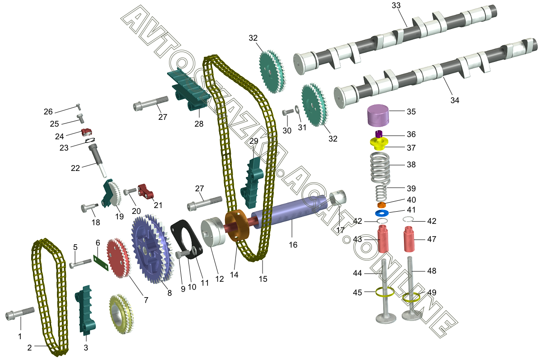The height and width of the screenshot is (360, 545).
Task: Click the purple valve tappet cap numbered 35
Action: point(378,116)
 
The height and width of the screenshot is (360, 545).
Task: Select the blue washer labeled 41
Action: point(382,213)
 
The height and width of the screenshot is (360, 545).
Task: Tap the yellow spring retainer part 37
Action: point(379,144)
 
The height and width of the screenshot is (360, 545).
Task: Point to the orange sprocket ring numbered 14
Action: point(237,225)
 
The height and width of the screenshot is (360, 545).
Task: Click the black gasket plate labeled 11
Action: point(186,239)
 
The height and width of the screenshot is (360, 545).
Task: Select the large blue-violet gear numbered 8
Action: point(153,248)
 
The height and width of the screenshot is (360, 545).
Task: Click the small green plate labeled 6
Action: point(101,263)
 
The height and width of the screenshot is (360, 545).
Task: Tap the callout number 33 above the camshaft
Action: point(396,5)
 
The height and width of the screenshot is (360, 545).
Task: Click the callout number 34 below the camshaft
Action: point(455,100)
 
